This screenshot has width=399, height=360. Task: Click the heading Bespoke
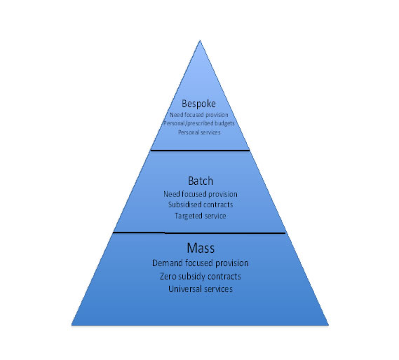point(198,104)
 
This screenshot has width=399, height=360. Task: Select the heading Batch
point(201,181)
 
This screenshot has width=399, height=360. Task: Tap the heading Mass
point(201,248)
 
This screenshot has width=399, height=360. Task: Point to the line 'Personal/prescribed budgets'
point(199,123)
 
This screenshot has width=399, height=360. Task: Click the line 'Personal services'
point(199,132)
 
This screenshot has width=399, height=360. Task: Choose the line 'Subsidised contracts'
point(201,205)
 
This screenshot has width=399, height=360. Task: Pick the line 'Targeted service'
point(201,216)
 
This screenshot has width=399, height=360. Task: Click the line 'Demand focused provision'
point(201,263)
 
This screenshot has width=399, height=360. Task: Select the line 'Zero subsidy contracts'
point(201,277)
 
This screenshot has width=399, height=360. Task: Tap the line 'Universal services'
point(201,289)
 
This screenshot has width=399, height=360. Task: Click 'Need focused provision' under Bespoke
point(199,115)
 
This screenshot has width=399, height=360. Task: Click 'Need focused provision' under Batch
point(201,194)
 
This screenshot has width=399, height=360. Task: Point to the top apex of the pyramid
point(200,40)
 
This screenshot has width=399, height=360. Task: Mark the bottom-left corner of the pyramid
point(72,325)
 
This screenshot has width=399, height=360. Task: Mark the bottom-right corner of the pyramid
point(329,325)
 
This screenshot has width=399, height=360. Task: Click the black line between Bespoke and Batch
point(201,151)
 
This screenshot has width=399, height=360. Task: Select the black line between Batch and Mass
point(199,233)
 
